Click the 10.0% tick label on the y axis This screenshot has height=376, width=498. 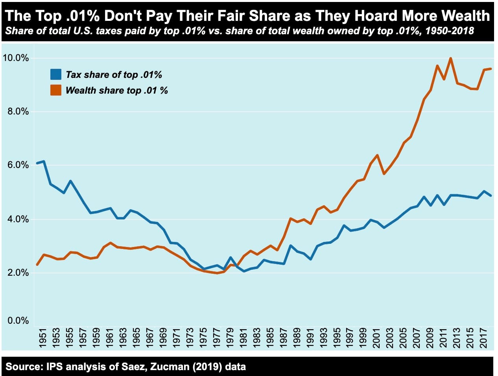coord(16,58)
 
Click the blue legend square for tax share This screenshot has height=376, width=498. coord(56,74)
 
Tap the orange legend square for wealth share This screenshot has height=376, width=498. coord(56,90)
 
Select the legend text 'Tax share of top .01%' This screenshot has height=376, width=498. coord(114,75)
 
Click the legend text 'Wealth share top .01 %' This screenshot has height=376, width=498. coord(116,90)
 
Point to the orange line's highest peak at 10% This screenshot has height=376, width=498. coord(450,58)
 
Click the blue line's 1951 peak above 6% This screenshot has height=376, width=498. coord(44,161)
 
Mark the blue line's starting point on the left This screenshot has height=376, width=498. coord(37,163)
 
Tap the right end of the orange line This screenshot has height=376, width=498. coord(491,69)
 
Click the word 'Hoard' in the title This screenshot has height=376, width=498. coord(377,16)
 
